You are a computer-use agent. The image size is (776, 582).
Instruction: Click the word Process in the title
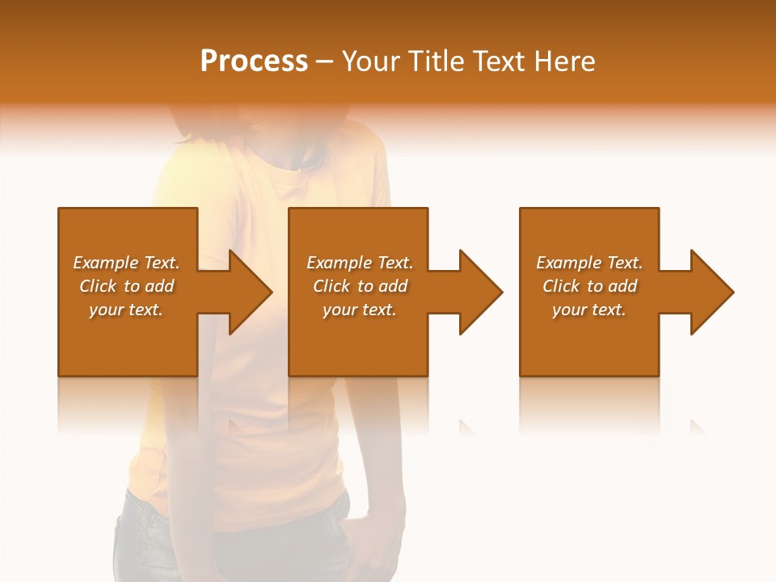click(254, 61)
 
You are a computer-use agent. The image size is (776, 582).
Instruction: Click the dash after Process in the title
click(325, 62)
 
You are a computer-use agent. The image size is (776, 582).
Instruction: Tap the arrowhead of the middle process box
click(479, 292)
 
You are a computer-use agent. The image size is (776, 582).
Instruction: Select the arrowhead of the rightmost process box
click(711, 292)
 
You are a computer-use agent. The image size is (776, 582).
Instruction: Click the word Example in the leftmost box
click(105, 263)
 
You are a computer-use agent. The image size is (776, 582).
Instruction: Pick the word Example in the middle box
click(339, 263)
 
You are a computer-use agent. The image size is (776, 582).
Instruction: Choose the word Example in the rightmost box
click(568, 263)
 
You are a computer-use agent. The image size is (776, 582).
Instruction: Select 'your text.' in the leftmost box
click(126, 310)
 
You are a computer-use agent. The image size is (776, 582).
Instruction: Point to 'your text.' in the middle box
click(360, 310)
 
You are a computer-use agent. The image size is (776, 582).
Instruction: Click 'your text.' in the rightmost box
click(589, 310)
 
